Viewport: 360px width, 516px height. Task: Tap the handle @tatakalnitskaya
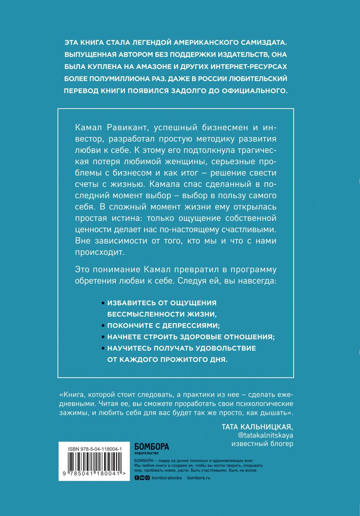pos(265,435)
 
